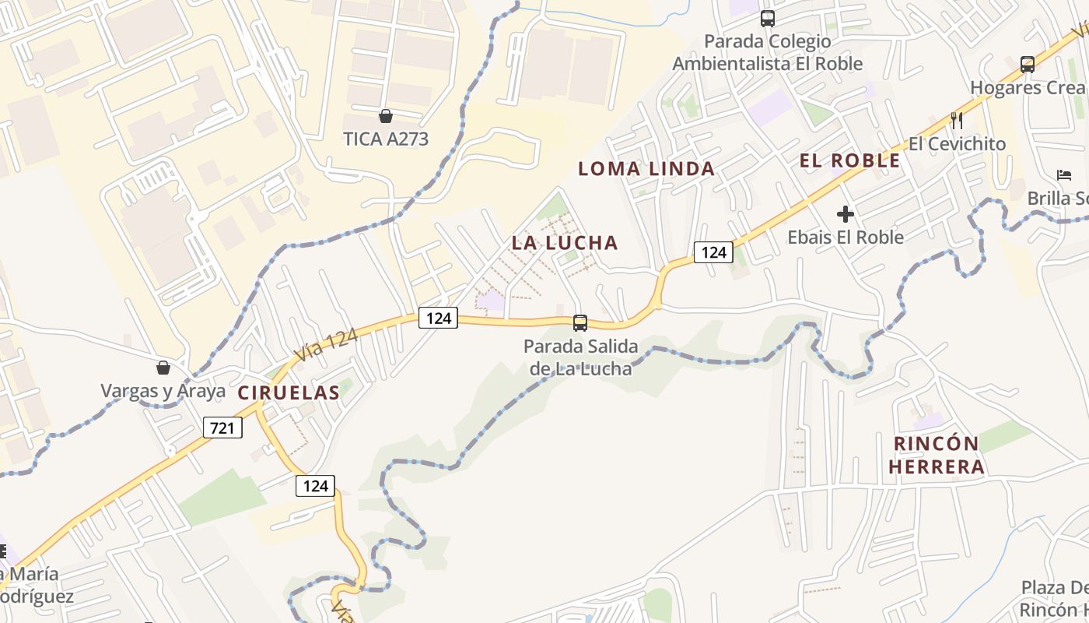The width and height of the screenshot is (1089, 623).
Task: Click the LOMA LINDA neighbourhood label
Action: pyautogui.click(x=646, y=168)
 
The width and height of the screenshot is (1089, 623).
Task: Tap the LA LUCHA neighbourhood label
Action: pyautogui.click(x=565, y=242)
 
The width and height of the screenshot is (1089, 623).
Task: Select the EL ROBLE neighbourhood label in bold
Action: pyautogui.click(x=850, y=161)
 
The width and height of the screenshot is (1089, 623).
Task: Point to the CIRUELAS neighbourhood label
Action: pyautogui.click(x=289, y=392)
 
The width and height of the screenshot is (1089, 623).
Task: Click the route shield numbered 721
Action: pyautogui.click(x=222, y=428)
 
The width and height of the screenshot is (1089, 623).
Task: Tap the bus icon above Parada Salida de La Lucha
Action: pyautogui.click(x=580, y=322)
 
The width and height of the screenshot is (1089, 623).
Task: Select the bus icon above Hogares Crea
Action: pyautogui.click(x=1028, y=65)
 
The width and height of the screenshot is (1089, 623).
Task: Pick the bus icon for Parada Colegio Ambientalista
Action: pyautogui.click(x=768, y=18)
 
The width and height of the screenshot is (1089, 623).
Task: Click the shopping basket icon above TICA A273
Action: pyautogui.click(x=385, y=117)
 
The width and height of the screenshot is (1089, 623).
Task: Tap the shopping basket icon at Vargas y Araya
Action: pyautogui.click(x=163, y=368)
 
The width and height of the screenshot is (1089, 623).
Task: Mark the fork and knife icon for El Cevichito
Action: pyautogui.click(x=957, y=121)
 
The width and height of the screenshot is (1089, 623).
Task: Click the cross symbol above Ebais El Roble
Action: pyautogui.click(x=846, y=214)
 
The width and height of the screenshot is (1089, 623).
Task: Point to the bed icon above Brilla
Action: pyautogui.click(x=1063, y=175)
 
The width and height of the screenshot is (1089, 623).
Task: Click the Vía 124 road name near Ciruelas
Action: pyautogui.click(x=326, y=345)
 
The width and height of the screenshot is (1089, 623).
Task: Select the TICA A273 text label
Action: pyautogui.click(x=386, y=139)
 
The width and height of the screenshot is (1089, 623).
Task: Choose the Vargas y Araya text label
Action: pyautogui.click(x=163, y=391)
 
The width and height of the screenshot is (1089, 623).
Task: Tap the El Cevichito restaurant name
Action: pyautogui.click(x=957, y=144)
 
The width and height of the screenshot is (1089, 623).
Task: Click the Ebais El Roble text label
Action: pyautogui.click(x=846, y=237)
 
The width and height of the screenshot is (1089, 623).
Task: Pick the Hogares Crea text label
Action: pyautogui.click(x=1027, y=87)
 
